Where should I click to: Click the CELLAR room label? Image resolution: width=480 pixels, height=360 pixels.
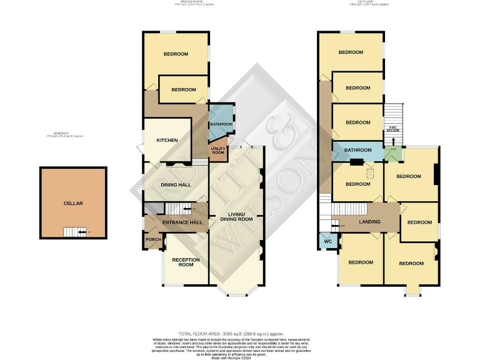(72, 203)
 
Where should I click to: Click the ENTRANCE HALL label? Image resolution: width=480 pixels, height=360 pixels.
(182, 222)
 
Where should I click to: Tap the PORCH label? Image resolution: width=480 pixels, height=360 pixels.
(152, 239)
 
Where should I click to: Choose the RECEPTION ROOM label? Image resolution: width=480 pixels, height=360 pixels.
(186, 262)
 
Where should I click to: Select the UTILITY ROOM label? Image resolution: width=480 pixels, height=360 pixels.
(218, 151)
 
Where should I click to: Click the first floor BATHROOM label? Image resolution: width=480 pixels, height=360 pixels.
(357, 150)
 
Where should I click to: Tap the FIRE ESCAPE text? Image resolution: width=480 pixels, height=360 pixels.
(394, 129)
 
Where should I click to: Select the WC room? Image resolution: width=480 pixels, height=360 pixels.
(326, 240)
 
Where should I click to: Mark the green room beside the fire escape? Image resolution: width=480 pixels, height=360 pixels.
(394, 152)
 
